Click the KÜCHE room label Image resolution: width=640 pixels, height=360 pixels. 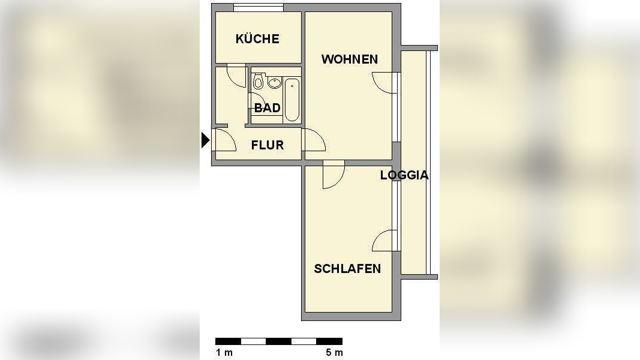[257, 39]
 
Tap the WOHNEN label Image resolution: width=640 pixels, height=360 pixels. [349, 59]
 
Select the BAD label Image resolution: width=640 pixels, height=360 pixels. [267, 108]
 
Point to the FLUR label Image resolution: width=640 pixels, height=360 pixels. [267, 145]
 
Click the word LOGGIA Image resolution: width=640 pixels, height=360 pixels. [404, 175]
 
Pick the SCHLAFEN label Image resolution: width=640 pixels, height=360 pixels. [347, 268]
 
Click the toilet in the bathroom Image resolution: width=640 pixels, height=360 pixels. [259, 82]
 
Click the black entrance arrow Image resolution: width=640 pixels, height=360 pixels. [205, 140]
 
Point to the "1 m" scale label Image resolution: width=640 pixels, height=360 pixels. [224, 353]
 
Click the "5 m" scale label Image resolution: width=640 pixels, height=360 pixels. [334, 353]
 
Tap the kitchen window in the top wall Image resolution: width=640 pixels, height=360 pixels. [258, 8]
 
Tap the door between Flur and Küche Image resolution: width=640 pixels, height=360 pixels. [236, 74]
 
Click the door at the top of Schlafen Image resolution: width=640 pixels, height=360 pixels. [333, 175]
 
